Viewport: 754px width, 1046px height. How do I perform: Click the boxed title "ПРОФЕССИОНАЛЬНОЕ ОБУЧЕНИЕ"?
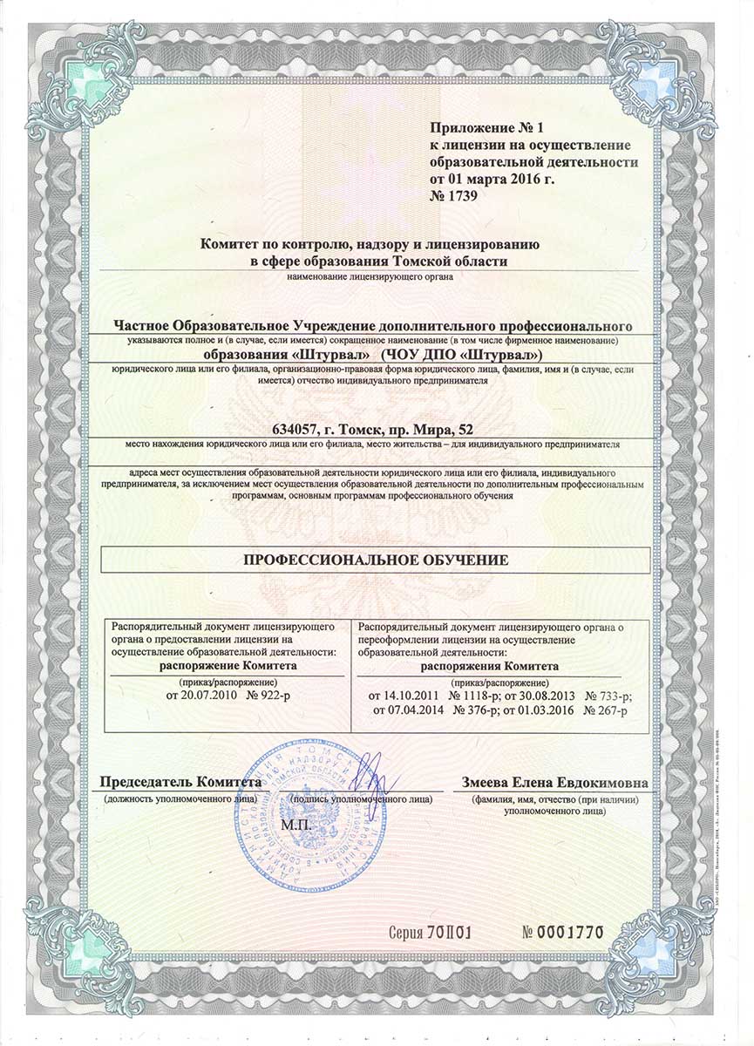(376, 559)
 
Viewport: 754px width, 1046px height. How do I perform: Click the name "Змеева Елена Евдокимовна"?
(554, 781)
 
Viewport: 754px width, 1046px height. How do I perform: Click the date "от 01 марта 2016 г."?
(492, 179)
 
